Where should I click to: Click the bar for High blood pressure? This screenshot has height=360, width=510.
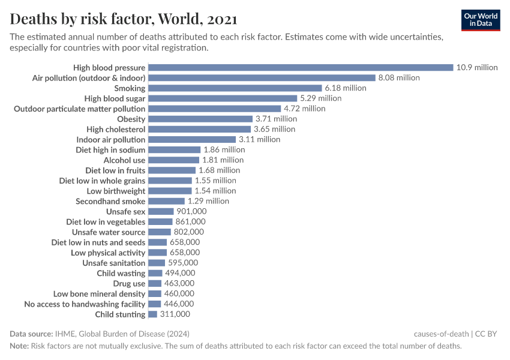tap(300, 67)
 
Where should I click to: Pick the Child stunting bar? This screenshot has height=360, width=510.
tap(152, 314)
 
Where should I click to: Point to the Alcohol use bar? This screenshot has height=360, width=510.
tap(173, 160)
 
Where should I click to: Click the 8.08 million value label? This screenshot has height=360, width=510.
tap(399, 78)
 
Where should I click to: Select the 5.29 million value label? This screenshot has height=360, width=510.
tap(320, 98)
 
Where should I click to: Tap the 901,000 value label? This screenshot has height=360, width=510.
tap(191, 211)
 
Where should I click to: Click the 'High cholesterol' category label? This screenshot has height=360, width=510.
tap(116, 130)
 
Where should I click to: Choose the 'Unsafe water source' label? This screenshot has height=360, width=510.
tap(109, 232)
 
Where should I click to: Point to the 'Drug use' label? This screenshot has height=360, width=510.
tap(129, 283)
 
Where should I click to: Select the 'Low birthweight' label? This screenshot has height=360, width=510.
tap(116, 191)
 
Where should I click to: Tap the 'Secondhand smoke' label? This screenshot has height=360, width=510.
tap(110, 201)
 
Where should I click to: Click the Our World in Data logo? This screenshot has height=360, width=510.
tap(480, 20)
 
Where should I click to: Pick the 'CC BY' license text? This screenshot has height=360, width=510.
tap(487, 334)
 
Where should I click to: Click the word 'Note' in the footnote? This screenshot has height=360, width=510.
tap(19, 346)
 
